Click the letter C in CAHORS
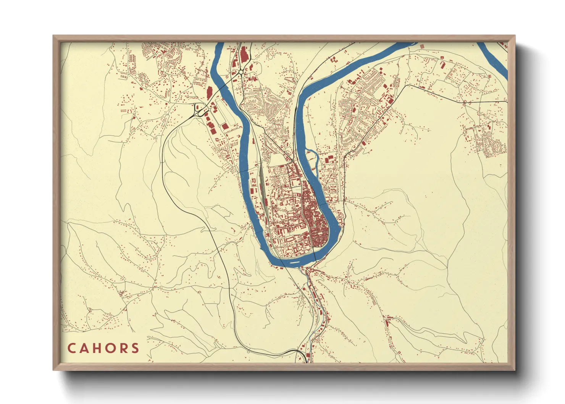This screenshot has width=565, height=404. pyautogui.click(x=72, y=348)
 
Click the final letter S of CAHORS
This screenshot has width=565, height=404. pyautogui.click(x=135, y=348)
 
